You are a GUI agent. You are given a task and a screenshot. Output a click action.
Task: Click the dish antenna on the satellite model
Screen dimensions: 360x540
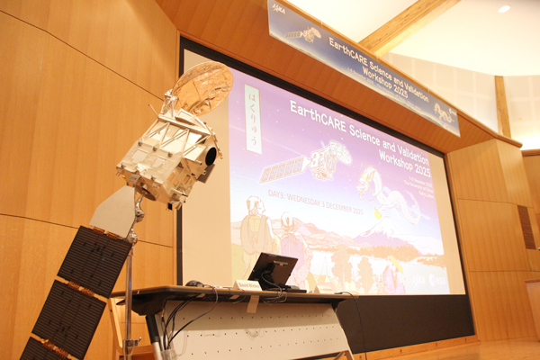point(202,86)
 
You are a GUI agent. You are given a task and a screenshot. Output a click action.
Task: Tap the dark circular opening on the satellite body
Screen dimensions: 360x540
point(211,155)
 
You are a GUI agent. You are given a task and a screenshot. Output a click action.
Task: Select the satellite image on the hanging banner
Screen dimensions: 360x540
point(303,34)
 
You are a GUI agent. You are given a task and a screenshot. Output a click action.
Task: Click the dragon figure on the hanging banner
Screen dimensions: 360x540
point(444,112)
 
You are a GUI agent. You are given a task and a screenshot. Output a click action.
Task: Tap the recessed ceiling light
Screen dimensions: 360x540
point(503,9)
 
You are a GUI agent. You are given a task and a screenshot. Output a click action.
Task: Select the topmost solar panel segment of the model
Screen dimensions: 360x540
point(94,260)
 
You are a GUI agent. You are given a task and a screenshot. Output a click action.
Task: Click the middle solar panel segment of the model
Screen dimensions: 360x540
point(69,317)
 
